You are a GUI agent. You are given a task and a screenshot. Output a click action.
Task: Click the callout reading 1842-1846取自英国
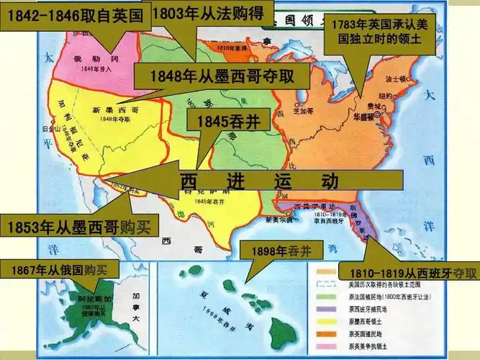point(76,14)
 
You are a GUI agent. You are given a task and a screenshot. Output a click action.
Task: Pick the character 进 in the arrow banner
point(234,181)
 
